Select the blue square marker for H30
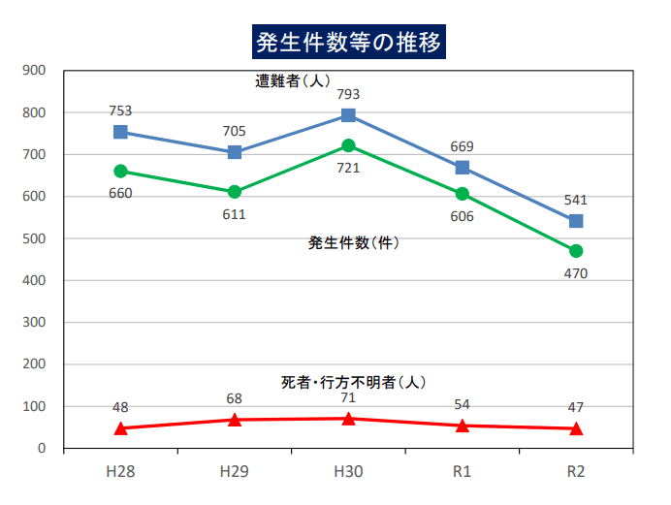(x=348, y=115)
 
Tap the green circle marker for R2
(x=576, y=251)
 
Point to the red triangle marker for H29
(x=235, y=419)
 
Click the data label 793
(x=348, y=95)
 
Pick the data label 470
(x=576, y=273)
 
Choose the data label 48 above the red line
(x=120, y=407)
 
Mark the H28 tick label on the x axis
(x=120, y=472)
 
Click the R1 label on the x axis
(x=463, y=472)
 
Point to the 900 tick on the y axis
(x=34, y=71)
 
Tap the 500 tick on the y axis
(x=34, y=238)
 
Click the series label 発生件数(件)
(x=354, y=243)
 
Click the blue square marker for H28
(x=120, y=132)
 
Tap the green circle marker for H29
(x=235, y=192)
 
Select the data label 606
(x=463, y=216)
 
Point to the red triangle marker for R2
(x=576, y=427)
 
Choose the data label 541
(x=576, y=200)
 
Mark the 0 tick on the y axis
(x=42, y=449)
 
